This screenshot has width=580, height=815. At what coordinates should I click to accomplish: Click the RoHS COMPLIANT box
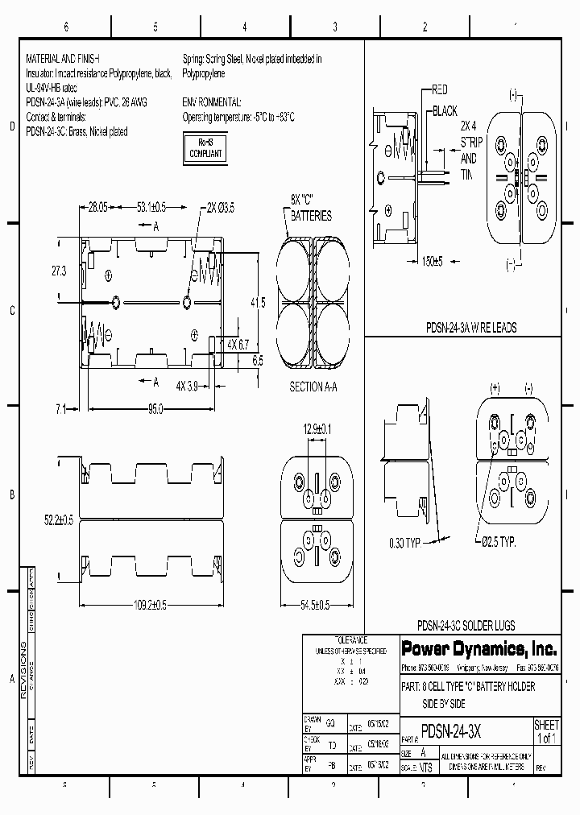coord(205,148)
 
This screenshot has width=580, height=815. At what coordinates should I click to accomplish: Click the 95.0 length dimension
coord(155,409)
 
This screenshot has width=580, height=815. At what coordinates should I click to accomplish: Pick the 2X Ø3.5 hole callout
coord(222,208)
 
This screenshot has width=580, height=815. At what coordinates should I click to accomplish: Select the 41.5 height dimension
coord(258,303)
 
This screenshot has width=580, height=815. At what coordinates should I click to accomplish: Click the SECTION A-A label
coord(313,387)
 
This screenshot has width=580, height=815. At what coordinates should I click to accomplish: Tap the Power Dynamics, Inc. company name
coord(467,649)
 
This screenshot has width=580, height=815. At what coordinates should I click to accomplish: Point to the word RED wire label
coord(440,89)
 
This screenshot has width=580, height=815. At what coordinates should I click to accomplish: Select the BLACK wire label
coord(445,110)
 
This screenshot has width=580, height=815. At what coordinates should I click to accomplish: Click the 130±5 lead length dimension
coord(433,261)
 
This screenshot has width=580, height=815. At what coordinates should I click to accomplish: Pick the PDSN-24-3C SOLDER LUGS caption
coord(466,625)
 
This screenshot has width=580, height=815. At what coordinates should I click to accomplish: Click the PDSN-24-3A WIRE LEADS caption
coord(471,328)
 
